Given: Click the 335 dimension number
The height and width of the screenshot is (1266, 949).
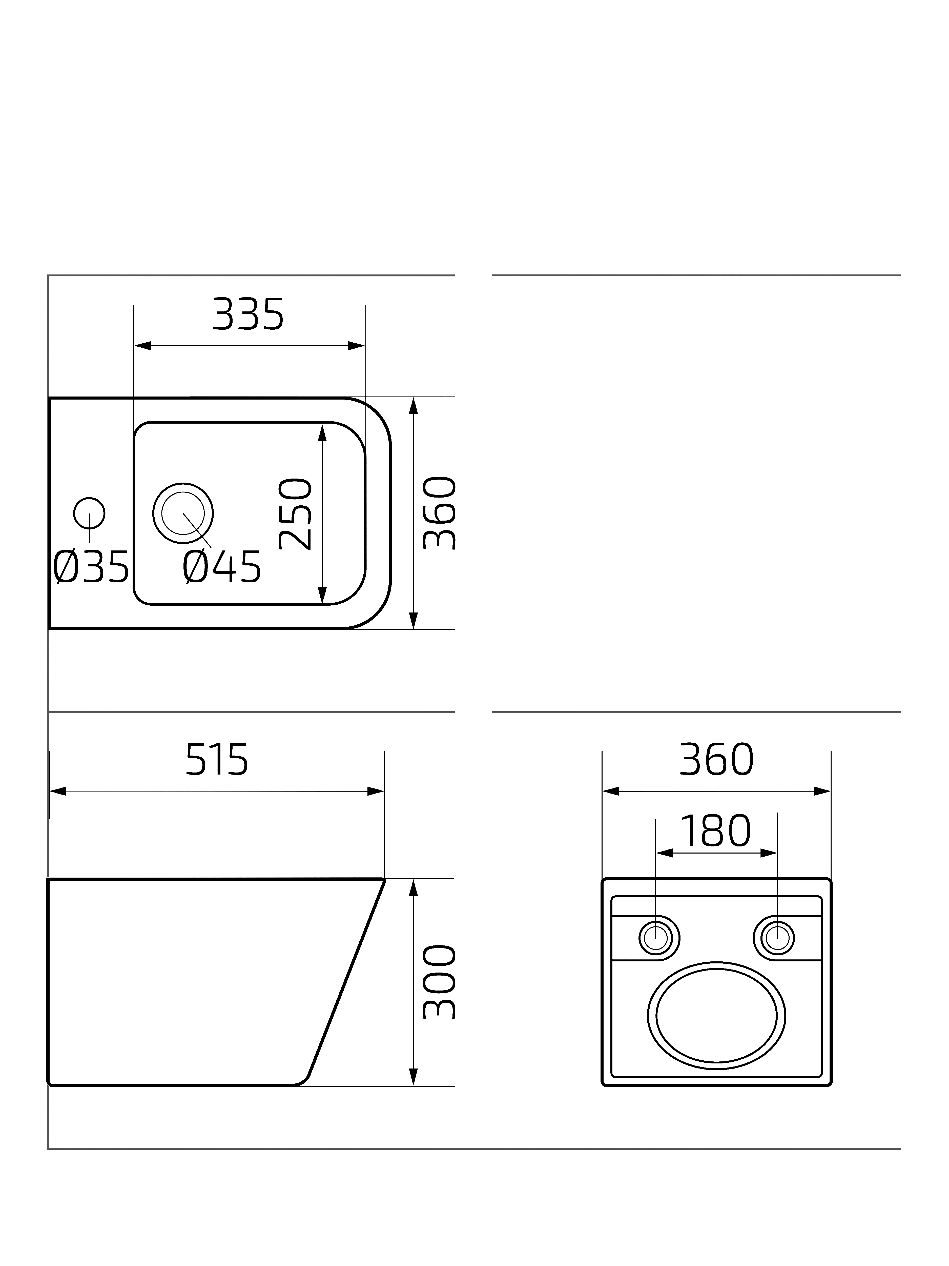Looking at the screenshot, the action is coord(248,314).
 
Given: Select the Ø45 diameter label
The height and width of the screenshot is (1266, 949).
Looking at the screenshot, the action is coord(222,567).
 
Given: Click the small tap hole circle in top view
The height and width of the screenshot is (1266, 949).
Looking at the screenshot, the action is coord(89,498).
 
